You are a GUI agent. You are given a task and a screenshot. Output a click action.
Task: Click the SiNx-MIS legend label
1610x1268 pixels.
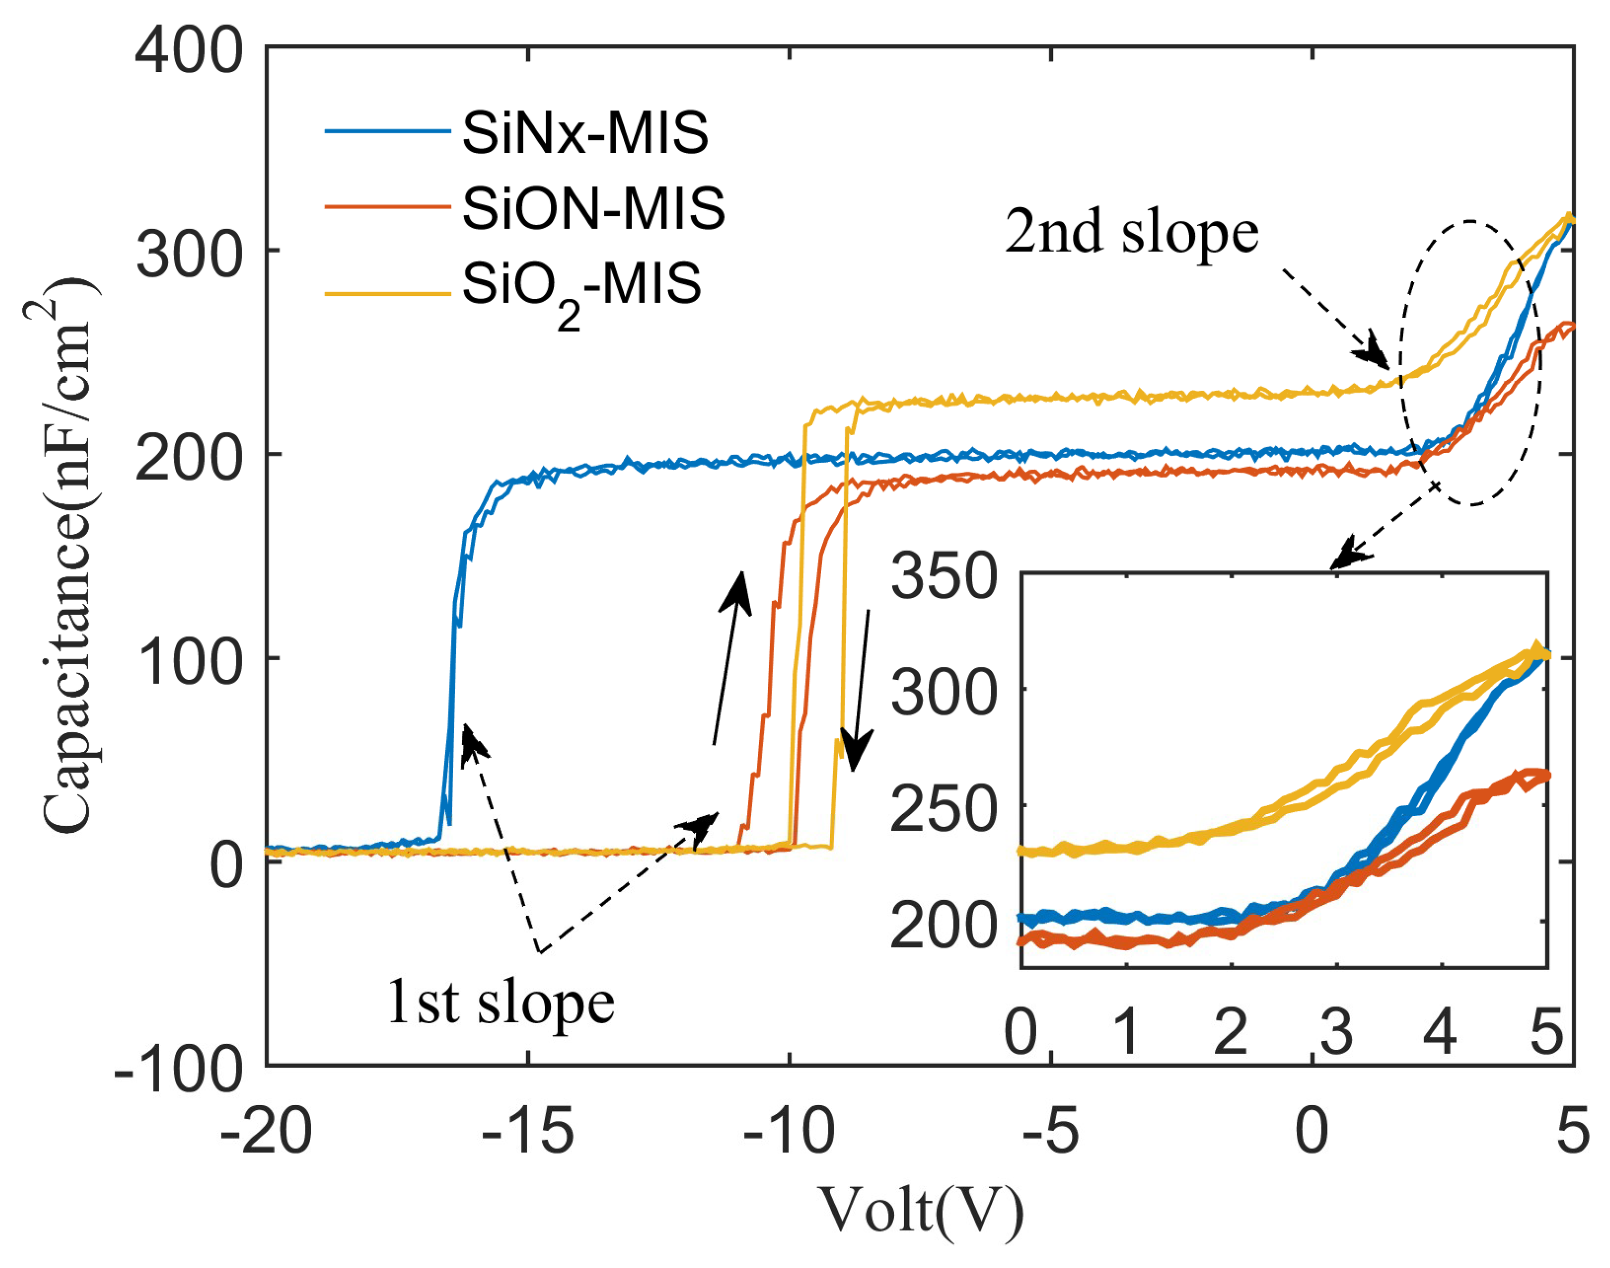click(585, 134)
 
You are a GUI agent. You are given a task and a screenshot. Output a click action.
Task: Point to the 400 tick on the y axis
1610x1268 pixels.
click(190, 52)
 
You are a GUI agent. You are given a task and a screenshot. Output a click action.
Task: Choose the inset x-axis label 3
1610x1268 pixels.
click(1336, 1033)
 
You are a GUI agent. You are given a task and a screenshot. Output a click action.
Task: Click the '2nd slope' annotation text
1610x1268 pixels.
click(1132, 232)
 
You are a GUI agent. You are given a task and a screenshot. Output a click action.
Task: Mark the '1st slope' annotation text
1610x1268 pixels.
click(501, 1004)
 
